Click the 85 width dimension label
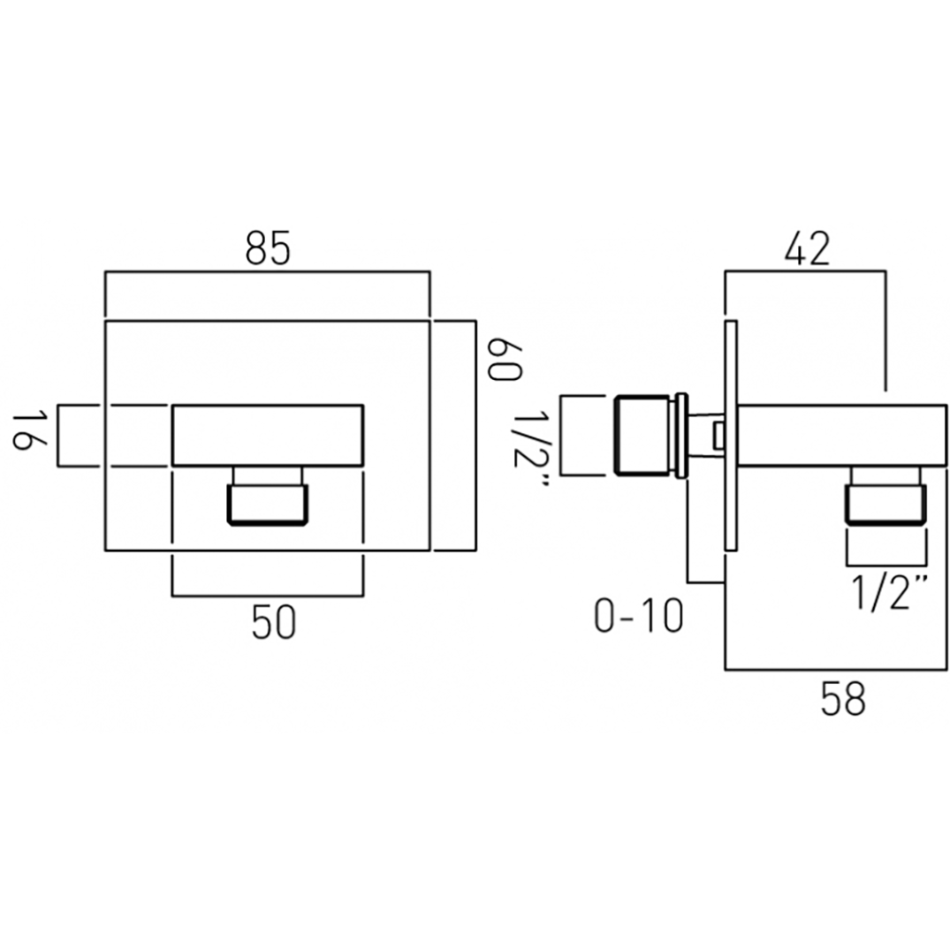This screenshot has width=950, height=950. pos(268,248)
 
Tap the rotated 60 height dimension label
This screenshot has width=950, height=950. pos(504,360)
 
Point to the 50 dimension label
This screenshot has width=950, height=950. pos(274,622)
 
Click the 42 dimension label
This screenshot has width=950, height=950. pos(807,248)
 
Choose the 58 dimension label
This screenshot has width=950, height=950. pos(843,698)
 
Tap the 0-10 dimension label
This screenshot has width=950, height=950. pos(638,617)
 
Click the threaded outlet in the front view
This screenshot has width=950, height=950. pos(267,503)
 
